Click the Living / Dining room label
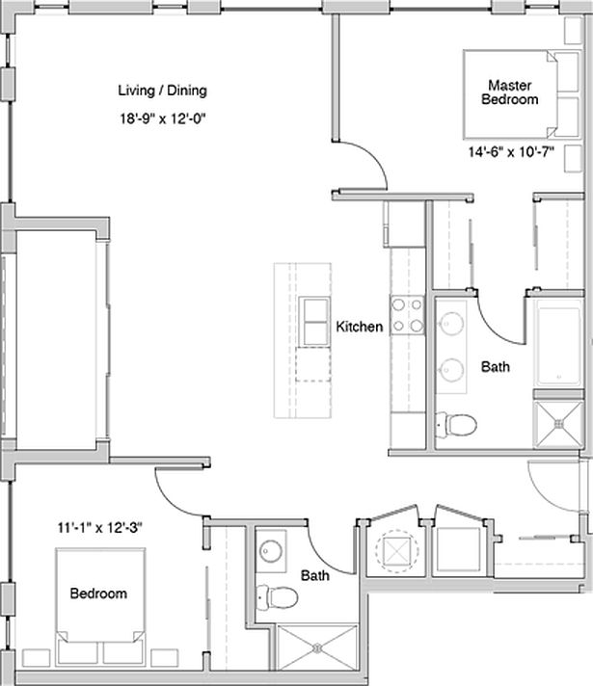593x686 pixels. (x=162, y=92)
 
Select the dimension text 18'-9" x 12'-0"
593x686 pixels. (x=162, y=119)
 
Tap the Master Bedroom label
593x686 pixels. (x=510, y=92)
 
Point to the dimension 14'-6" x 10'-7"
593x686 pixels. (x=510, y=152)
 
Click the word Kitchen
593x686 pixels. (x=359, y=328)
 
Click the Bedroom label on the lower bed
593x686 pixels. (x=97, y=594)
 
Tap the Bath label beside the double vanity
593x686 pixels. (x=496, y=367)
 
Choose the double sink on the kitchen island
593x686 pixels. (x=314, y=321)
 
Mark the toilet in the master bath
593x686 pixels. (x=455, y=422)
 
